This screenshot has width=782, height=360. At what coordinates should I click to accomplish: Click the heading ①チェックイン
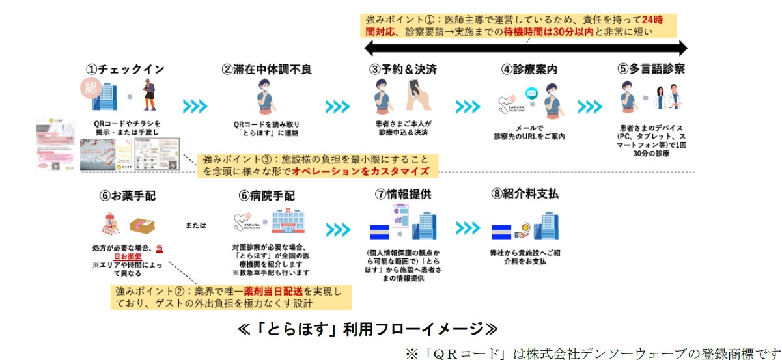(x=125, y=69)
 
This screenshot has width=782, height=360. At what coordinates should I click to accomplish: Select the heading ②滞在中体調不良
(x=267, y=69)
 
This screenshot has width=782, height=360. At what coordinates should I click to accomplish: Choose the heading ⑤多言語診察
(x=651, y=69)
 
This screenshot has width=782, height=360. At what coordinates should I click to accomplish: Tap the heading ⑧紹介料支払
(x=525, y=195)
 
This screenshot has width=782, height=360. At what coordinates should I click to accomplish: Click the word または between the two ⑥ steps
(x=193, y=225)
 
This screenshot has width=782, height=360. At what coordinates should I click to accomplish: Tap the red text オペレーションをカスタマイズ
(x=361, y=171)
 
